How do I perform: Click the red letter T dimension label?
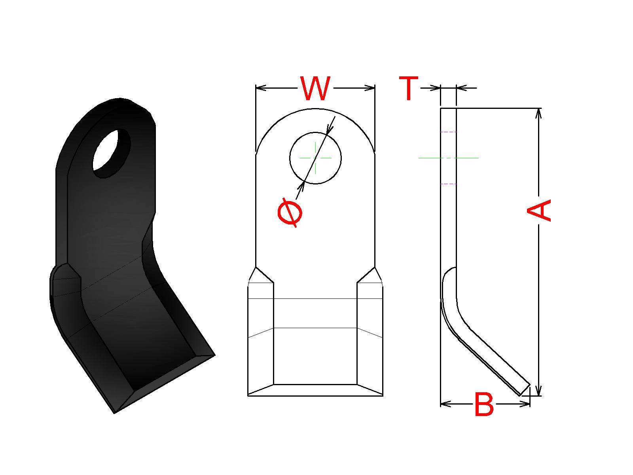(x=409, y=89)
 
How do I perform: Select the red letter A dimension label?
(x=539, y=210)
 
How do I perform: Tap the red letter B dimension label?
(x=484, y=405)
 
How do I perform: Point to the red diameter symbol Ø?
(x=290, y=214)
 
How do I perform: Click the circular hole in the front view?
(x=315, y=158)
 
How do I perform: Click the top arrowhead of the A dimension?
(x=538, y=113)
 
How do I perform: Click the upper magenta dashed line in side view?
(x=448, y=132)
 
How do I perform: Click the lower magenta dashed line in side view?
(x=448, y=184)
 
